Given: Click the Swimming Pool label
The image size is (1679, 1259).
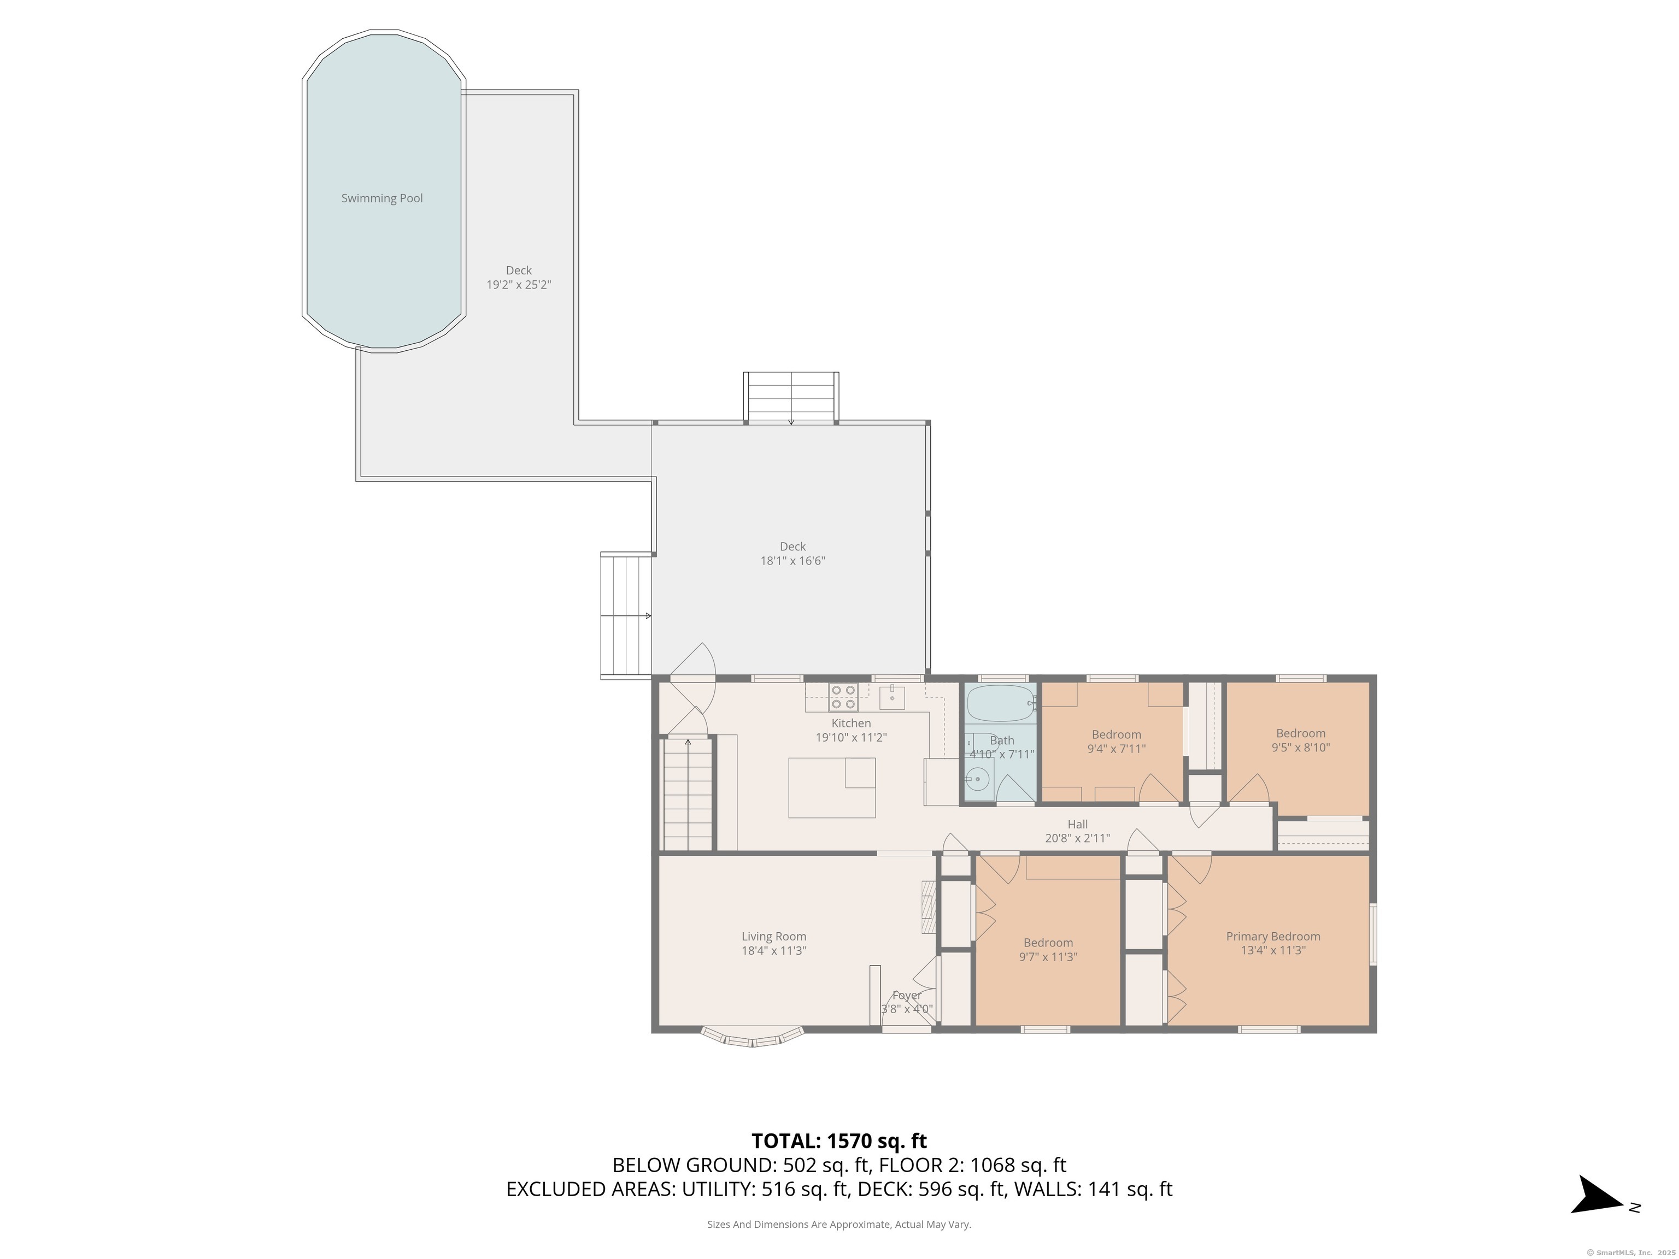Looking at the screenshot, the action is point(382,198).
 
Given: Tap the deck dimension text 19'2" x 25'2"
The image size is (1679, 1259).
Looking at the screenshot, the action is point(519,285).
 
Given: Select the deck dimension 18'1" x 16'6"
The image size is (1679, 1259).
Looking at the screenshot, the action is point(792,561).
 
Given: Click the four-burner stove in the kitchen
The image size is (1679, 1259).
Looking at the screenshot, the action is point(843,697).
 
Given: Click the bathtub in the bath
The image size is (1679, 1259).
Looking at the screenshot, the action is point(1000,703).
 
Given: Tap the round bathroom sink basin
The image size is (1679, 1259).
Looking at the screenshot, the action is point(978,779).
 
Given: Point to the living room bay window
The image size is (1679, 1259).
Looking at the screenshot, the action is point(752,1037).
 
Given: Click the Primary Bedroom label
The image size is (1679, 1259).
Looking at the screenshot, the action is point(1273,937).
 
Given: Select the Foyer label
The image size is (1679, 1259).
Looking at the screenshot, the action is point(907,995).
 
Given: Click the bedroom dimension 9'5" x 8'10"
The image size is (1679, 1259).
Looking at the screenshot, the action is point(1301,748).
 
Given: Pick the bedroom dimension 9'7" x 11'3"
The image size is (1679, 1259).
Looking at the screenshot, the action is point(1048,957).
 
